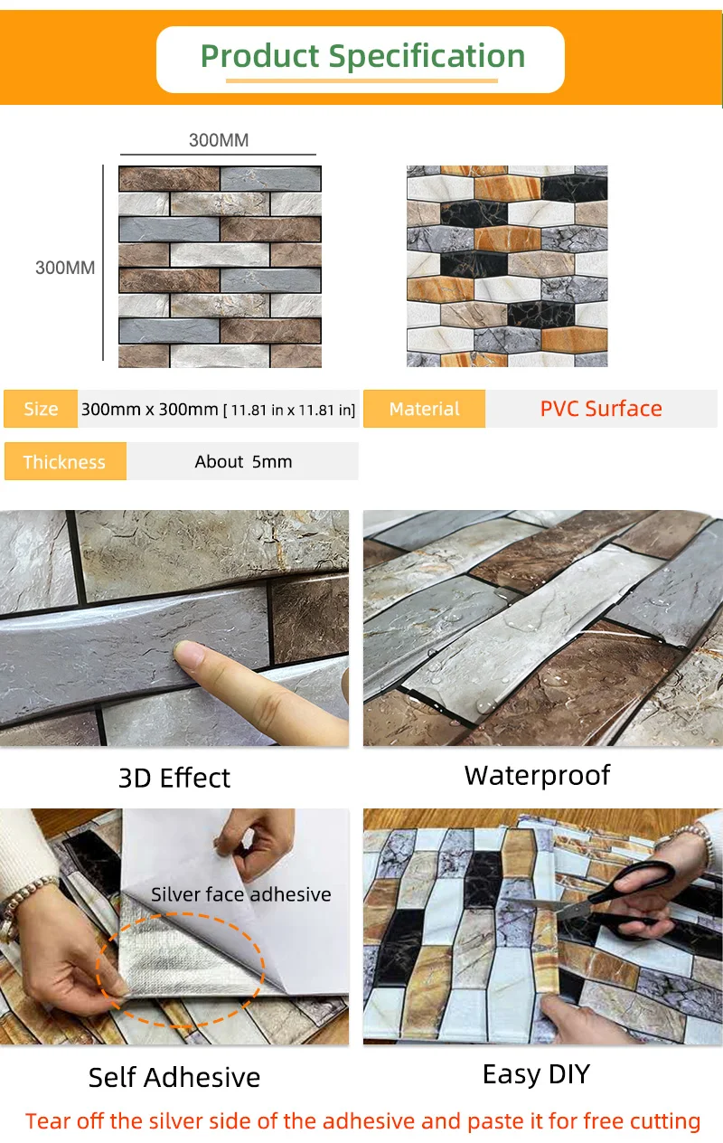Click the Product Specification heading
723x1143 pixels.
click(x=362, y=56)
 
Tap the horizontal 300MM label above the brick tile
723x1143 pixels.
click(x=219, y=140)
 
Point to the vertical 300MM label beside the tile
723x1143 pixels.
click(x=65, y=268)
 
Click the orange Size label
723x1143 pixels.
click(x=41, y=409)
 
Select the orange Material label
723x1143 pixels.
click(x=424, y=409)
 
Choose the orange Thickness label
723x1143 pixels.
click(x=65, y=461)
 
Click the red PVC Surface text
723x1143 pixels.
click(x=601, y=409)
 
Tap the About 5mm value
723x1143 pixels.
click(x=243, y=462)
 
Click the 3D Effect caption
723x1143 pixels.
click(x=174, y=779)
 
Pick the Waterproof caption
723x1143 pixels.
click(x=537, y=776)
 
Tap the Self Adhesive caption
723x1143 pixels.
click(x=174, y=1077)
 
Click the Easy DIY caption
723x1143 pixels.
click(x=537, y=1074)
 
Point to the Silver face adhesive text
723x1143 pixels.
click(x=241, y=894)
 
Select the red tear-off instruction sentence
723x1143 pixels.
click(x=362, y=1121)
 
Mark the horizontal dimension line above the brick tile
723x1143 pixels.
click(x=218, y=154)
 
